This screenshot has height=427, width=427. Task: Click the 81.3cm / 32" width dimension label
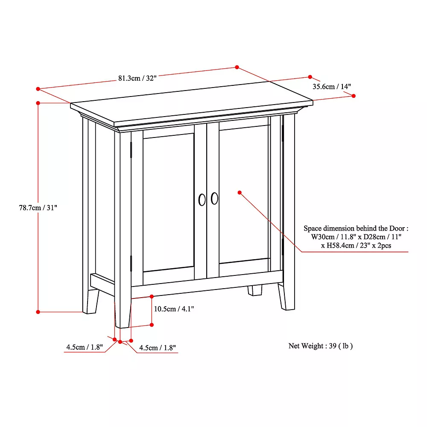(x=137, y=78)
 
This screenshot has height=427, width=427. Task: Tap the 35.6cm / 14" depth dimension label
(x=331, y=86)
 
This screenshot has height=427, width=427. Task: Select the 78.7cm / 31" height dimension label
(x=38, y=208)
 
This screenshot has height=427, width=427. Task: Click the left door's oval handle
(x=202, y=199)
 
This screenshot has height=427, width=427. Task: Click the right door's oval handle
(x=214, y=198)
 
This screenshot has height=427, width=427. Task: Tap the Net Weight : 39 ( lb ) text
(x=321, y=346)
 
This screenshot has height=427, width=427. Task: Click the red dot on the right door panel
(x=240, y=193)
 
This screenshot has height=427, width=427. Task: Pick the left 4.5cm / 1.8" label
(x=85, y=347)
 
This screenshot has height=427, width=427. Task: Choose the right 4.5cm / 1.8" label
(x=157, y=348)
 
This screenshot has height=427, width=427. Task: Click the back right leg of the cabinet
(x=255, y=290)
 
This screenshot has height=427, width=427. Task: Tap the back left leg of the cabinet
(x=91, y=301)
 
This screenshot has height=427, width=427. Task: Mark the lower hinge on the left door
(x=132, y=263)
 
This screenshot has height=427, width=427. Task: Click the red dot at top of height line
(x=38, y=103)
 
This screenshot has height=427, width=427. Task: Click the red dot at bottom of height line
(x=38, y=312)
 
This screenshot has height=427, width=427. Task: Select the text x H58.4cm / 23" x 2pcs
(x=356, y=246)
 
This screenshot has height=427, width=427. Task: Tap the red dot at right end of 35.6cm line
(x=354, y=96)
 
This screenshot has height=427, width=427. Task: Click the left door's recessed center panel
(x=169, y=201)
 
